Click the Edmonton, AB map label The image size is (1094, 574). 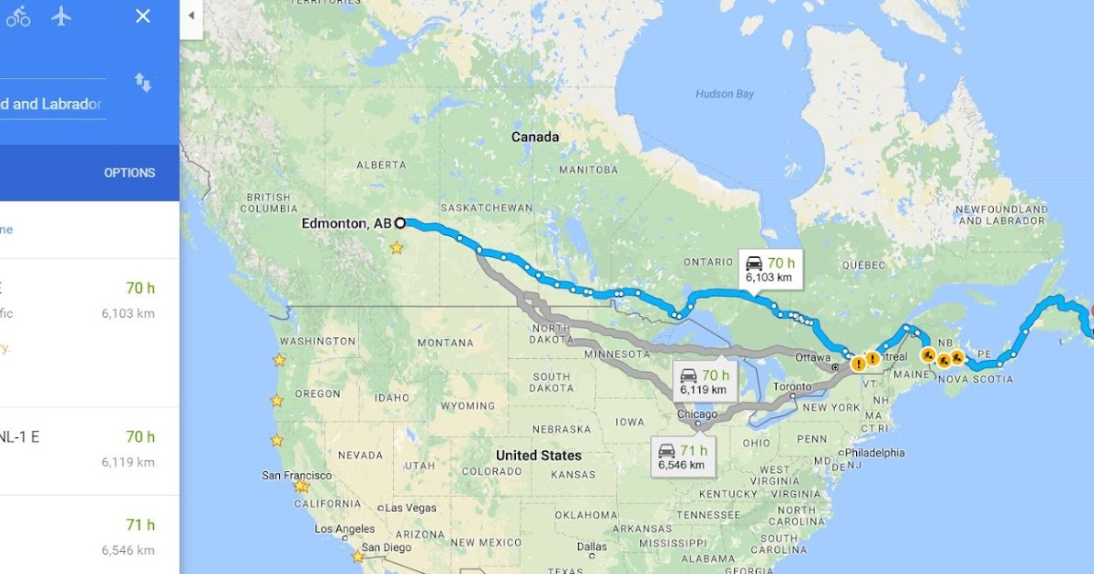tap(346, 223)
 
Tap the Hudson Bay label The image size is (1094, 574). tap(725, 94)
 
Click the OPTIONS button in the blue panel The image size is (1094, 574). tap(129, 172)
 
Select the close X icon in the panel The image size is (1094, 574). tap(143, 15)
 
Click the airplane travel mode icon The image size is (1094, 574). tap(61, 15)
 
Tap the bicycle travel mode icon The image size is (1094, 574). tap(18, 15)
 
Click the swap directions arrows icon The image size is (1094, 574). tap(143, 83)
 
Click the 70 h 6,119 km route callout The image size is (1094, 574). tap(705, 382)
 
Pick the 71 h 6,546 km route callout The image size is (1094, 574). tap(682, 456)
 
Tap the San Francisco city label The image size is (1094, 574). tap(295, 475)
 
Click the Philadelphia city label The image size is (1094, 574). tap(874, 452)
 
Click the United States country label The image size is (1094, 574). tap(539, 455)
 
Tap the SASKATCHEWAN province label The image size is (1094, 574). tap(486, 208)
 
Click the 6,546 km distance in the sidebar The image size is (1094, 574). tap(128, 550)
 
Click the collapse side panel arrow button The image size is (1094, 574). tap(191, 15)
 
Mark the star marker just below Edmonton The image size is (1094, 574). tap(397, 247)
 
